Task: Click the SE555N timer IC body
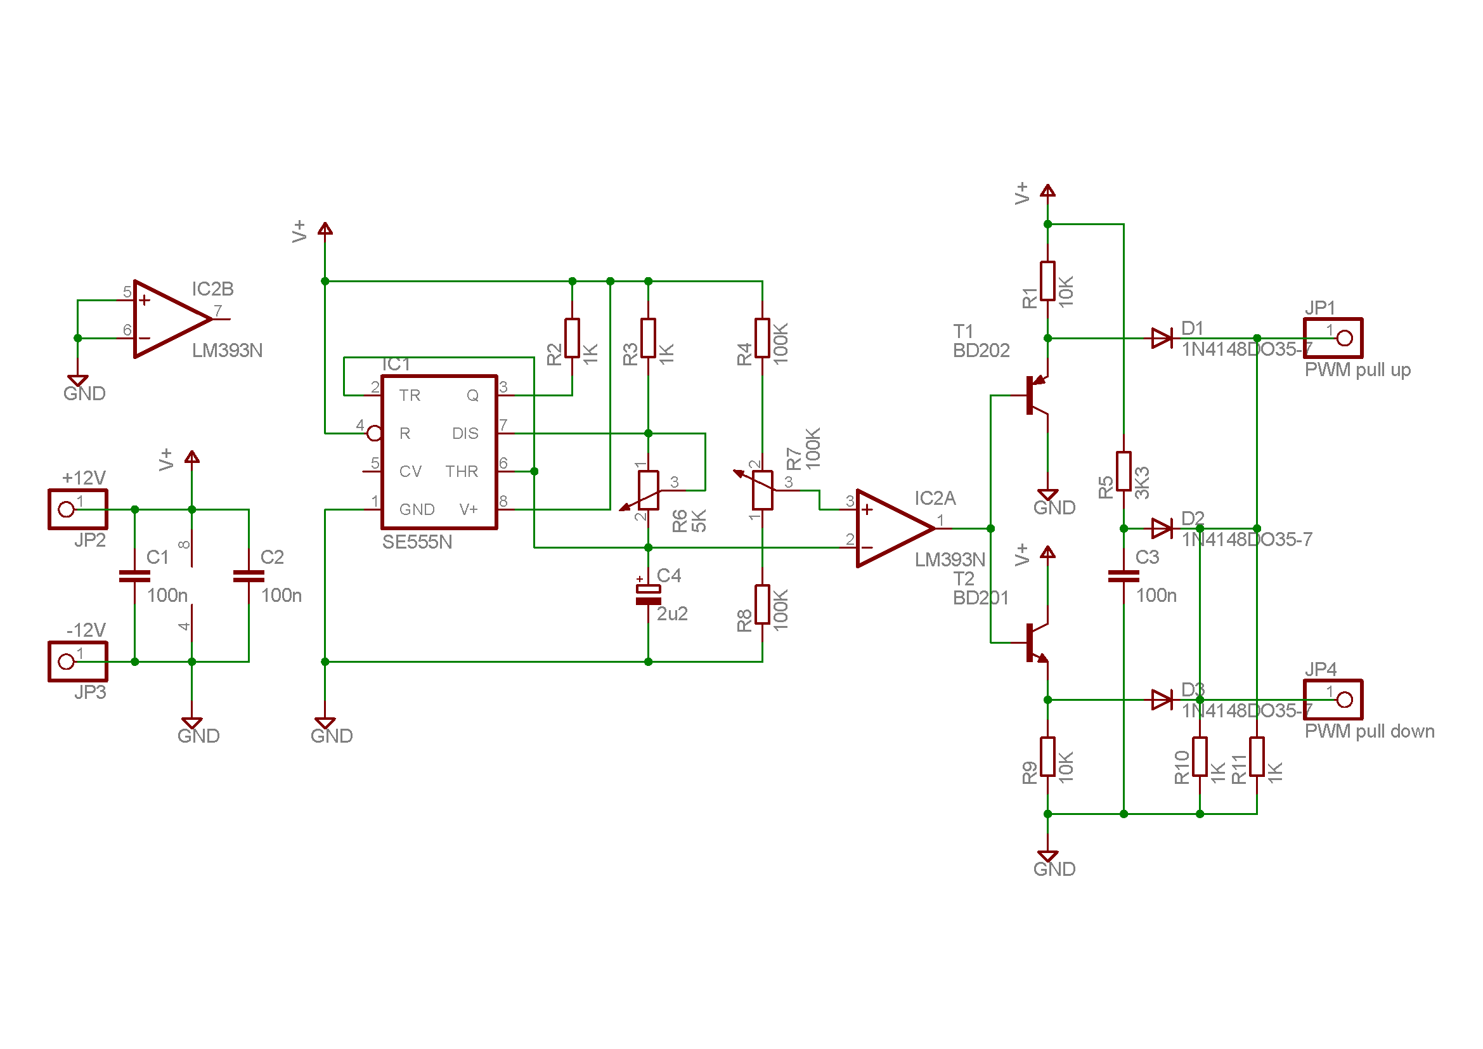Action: pos(439,452)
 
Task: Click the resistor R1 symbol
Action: pos(1047,281)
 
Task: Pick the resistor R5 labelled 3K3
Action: pos(1124,471)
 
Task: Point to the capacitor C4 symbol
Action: pos(648,595)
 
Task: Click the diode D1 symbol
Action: pos(1162,338)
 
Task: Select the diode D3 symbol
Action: pos(1162,700)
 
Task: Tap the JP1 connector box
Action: pos(1333,338)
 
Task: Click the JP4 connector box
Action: pos(1333,700)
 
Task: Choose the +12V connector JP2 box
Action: pos(77,510)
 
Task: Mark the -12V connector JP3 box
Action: pos(77,661)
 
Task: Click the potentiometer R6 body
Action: pos(648,490)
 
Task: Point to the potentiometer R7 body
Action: pos(762,490)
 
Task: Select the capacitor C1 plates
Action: pos(134,576)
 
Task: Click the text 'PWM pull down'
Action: pos(1370,731)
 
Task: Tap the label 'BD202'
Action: pos(980,351)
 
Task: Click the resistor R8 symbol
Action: pos(762,604)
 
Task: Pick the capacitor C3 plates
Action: pos(1124,576)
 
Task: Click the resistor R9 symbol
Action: pos(1047,757)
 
